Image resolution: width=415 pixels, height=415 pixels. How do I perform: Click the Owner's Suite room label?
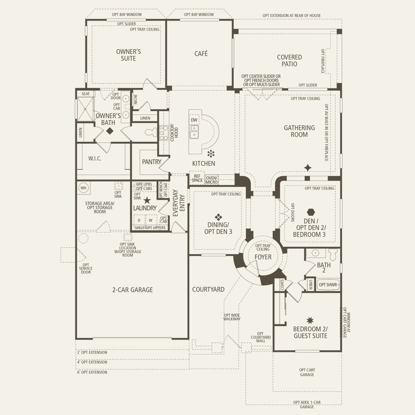pos(129,55)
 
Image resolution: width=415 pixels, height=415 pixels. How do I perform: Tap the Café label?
pos(201,54)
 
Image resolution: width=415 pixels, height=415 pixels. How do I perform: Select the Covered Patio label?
pos(289,61)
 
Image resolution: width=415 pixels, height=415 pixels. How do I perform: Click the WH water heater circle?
pos(83,188)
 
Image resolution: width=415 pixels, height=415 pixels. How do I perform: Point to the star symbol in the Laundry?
pos(147,200)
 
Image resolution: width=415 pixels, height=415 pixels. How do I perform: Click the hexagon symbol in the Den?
pos(311,212)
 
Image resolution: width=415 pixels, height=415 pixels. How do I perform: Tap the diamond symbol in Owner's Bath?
pos(110,131)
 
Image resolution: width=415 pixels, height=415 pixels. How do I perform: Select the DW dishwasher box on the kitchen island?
pos(194,120)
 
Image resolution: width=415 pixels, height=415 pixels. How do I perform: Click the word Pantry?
pos(152,162)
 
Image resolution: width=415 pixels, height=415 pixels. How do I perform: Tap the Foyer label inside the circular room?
pos(263,257)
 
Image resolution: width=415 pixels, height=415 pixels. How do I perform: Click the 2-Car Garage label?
pos(133,290)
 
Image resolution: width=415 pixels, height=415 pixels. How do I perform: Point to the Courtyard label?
pos(208,289)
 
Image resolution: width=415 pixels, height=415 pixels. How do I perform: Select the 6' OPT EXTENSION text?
pos(92,372)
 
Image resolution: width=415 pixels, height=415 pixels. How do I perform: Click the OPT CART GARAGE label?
pos(307,372)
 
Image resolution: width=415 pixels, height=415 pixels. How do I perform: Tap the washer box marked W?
pos(151,220)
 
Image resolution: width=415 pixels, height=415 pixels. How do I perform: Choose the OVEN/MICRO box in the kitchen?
pos(212,180)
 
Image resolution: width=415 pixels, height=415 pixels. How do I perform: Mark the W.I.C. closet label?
pos(95,159)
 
